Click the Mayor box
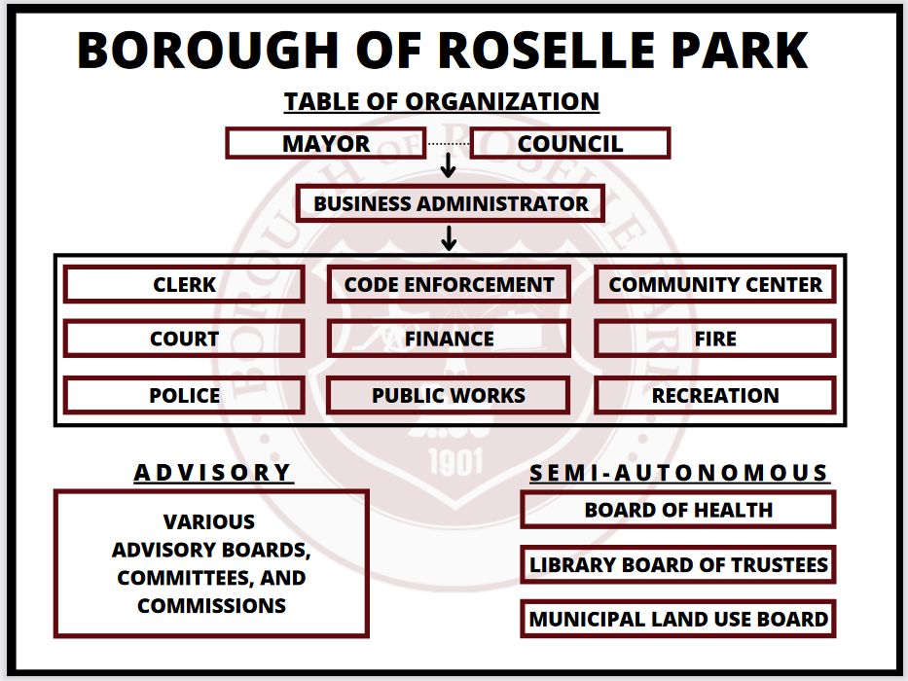[x=326, y=144]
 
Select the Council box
[x=570, y=144]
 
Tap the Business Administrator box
[x=451, y=204]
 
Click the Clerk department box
[x=184, y=285]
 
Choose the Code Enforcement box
[x=449, y=285]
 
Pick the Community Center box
[x=715, y=285]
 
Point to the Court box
[x=184, y=339]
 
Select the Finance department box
[x=449, y=339]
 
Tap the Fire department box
[x=715, y=339]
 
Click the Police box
[x=184, y=395]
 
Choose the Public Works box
[x=449, y=395]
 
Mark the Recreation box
[x=715, y=395]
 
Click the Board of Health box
[x=678, y=510]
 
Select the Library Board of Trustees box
[x=678, y=564]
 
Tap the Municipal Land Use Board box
[x=678, y=619]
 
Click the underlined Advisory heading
[x=213, y=473]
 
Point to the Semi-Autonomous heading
[x=678, y=474]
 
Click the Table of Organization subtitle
[x=441, y=101]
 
